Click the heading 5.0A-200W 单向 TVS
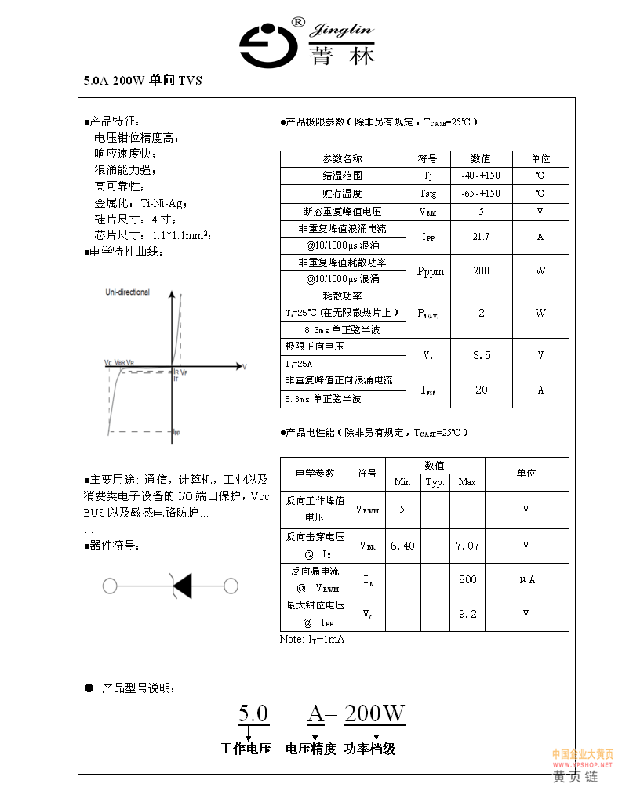click(x=143, y=80)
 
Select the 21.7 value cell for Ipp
click(x=481, y=237)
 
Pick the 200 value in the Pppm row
click(x=481, y=271)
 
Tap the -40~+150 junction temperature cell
click(x=481, y=176)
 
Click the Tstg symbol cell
click(x=427, y=194)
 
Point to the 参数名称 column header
click(x=343, y=158)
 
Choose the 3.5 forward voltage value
click(x=481, y=355)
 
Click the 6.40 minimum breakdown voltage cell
click(x=402, y=546)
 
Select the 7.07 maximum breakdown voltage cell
click(x=467, y=546)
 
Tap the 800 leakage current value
click(x=467, y=580)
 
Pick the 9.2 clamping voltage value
click(x=467, y=614)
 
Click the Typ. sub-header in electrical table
click(x=435, y=482)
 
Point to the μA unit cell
click(x=526, y=580)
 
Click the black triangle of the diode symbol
click(x=183, y=586)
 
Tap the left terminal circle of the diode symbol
click(x=110, y=586)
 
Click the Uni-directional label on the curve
click(x=127, y=292)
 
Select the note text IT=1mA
click(x=312, y=640)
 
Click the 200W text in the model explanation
click(x=375, y=713)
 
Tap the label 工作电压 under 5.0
click(x=246, y=749)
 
